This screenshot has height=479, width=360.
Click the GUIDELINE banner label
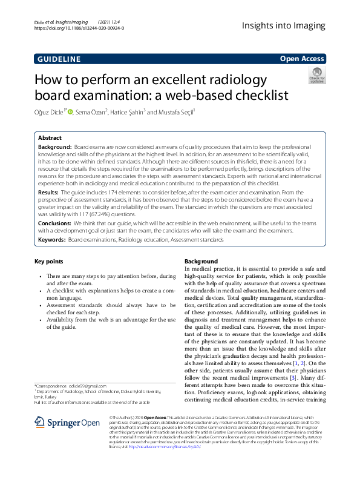pos(58,59)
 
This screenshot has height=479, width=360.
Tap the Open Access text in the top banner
pos(303,59)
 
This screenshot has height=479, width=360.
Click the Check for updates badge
pos(316,76)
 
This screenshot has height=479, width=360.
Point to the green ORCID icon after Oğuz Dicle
pos(70,111)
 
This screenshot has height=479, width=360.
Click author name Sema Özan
pos(92,111)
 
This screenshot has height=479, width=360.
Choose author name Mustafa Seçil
pos(182,111)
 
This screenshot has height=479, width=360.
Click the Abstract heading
pos(50,138)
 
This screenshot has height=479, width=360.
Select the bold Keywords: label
pos(53,240)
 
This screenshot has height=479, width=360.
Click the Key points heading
pos(49,262)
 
